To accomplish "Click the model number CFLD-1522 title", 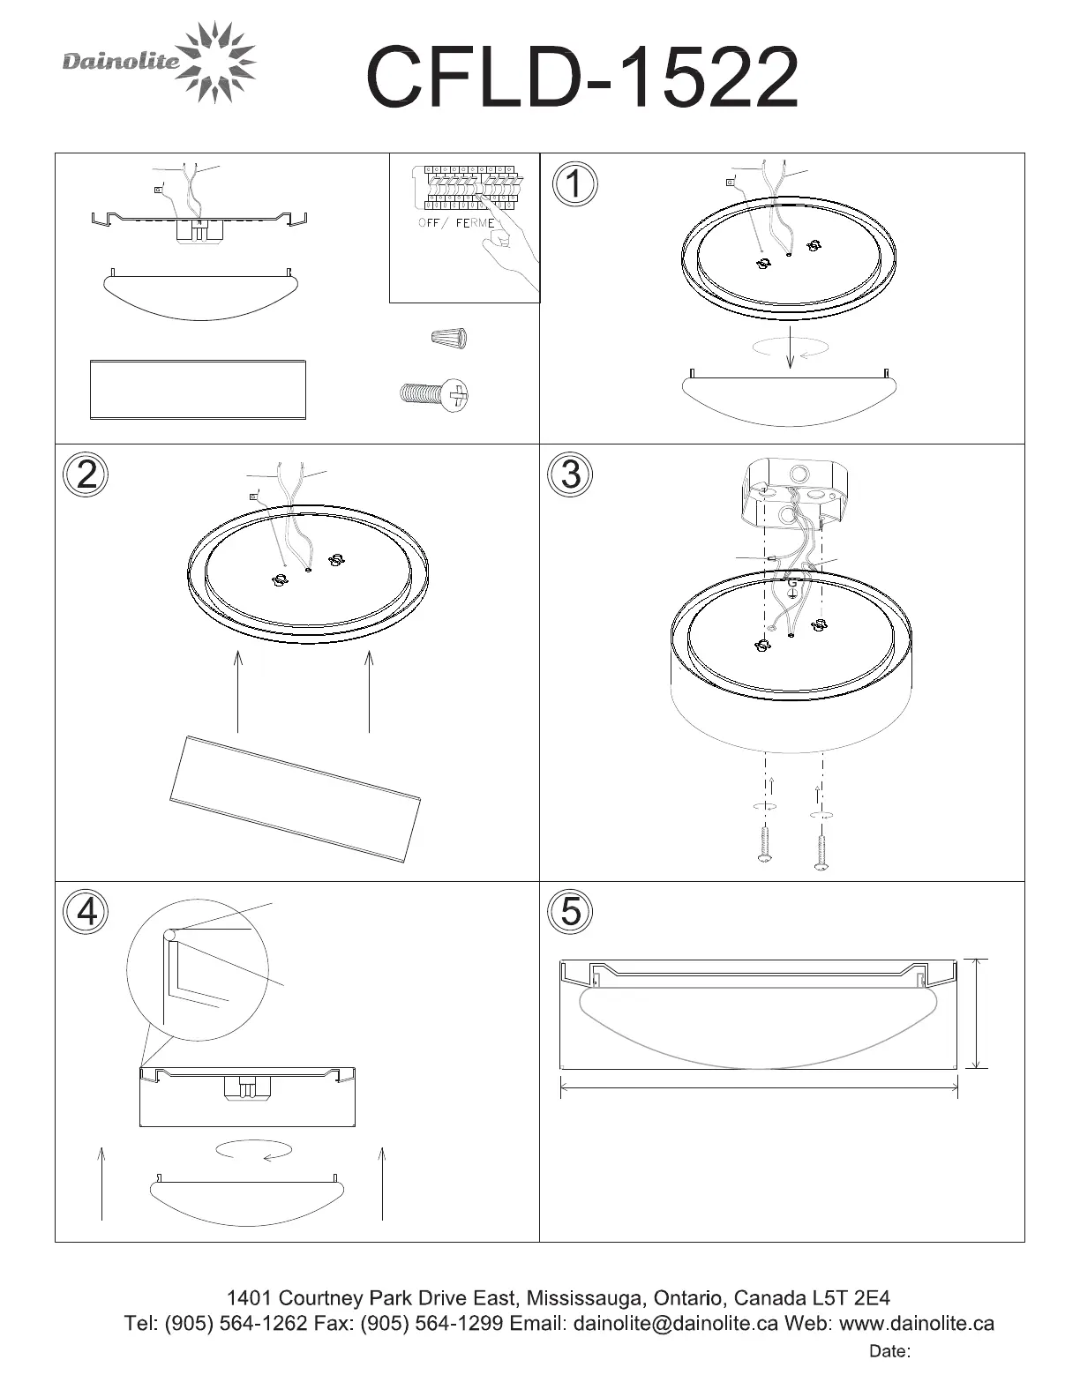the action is [x=582, y=77].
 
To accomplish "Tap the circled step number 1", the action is [x=574, y=183].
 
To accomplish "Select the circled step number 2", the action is [x=86, y=474].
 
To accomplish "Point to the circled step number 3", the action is [x=570, y=474].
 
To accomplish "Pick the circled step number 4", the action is [x=86, y=912].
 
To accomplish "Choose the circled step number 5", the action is [x=570, y=912].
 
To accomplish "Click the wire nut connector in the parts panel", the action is [x=449, y=338].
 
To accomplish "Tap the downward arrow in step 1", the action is [x=790, y=347].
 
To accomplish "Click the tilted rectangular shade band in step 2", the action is [x=296, y=798].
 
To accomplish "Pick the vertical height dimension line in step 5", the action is [x=977, y=1014].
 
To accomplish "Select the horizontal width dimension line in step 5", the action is [x=759, y=1087].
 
